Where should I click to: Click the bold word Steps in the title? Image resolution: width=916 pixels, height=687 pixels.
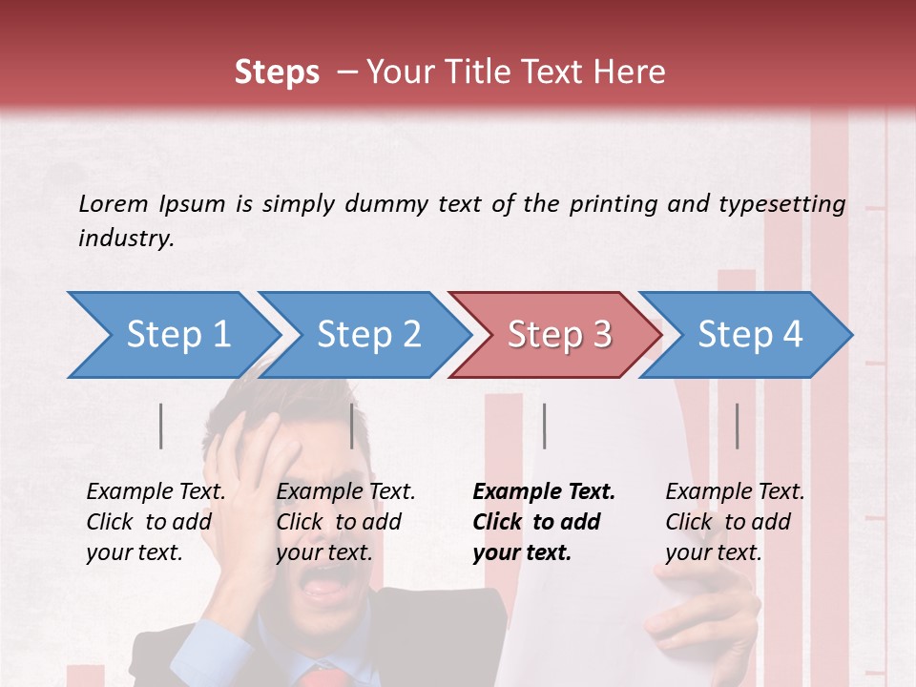coord(277,73)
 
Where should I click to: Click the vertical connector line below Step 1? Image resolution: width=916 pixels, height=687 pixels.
coord(161,426)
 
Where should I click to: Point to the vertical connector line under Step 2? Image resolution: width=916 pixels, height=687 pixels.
coord(352,426)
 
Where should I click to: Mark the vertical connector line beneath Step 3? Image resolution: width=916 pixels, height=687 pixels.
coord(544,426)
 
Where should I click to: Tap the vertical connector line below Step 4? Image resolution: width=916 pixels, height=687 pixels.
coord(737,426)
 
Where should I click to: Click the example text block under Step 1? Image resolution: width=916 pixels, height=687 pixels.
coord(156,522)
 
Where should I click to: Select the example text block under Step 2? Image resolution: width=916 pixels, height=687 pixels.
coord(345,522)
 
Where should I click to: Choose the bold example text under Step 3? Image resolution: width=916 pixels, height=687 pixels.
coord(544,522)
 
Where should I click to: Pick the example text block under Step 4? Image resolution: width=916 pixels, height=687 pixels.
coord(735,522)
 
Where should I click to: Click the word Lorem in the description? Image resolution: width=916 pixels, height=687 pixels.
coord(113,203)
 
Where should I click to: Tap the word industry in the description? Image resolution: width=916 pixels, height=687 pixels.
coord(125,239)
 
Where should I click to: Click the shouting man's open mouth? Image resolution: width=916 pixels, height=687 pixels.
coord(325,586)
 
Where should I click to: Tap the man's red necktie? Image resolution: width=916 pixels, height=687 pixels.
coord(323,677)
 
